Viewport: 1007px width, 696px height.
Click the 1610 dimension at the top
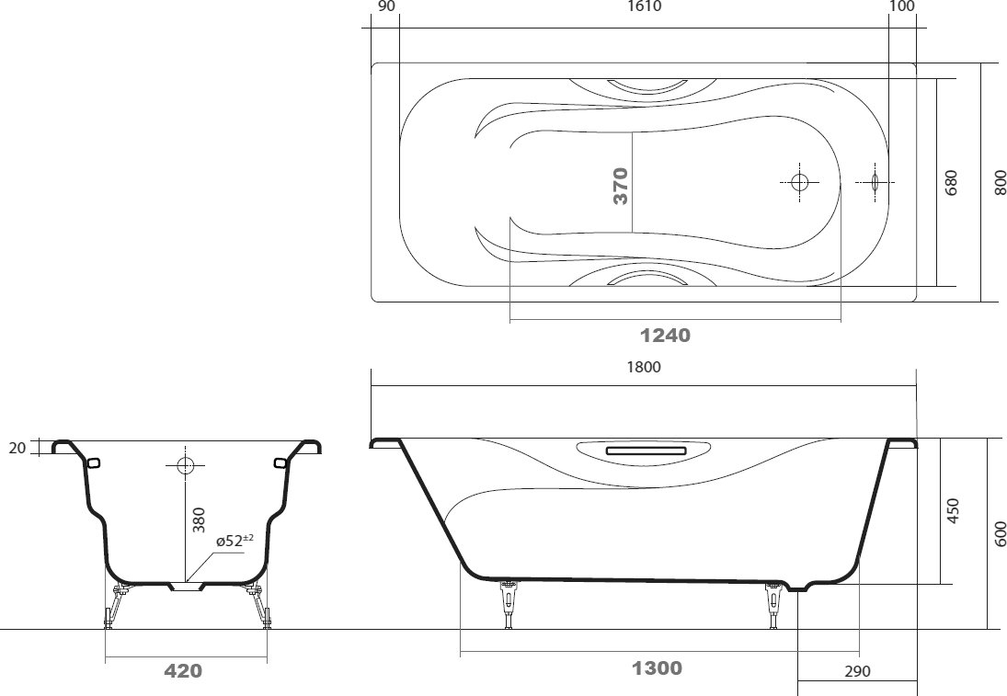pyautogui.click(x=644, y=6)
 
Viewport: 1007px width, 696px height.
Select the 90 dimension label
pyautogui.click(x=387, y=6)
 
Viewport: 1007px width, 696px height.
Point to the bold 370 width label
pyautogui.click(x=621, y=186)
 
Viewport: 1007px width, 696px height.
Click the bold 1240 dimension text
pyautogui.click(x=665, y=336)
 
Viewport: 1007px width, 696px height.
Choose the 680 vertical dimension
pyautogui.click(x=951, y=182)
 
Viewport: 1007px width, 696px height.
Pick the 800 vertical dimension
pyautogui.click(x=1000, y=182)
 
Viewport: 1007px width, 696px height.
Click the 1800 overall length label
pyautogui.click(x=644, y=367)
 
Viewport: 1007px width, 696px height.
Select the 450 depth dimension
pyautogui.click(x=953, y=510)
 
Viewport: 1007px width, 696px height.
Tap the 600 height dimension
pyautogui.click(x=1001, y=533)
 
